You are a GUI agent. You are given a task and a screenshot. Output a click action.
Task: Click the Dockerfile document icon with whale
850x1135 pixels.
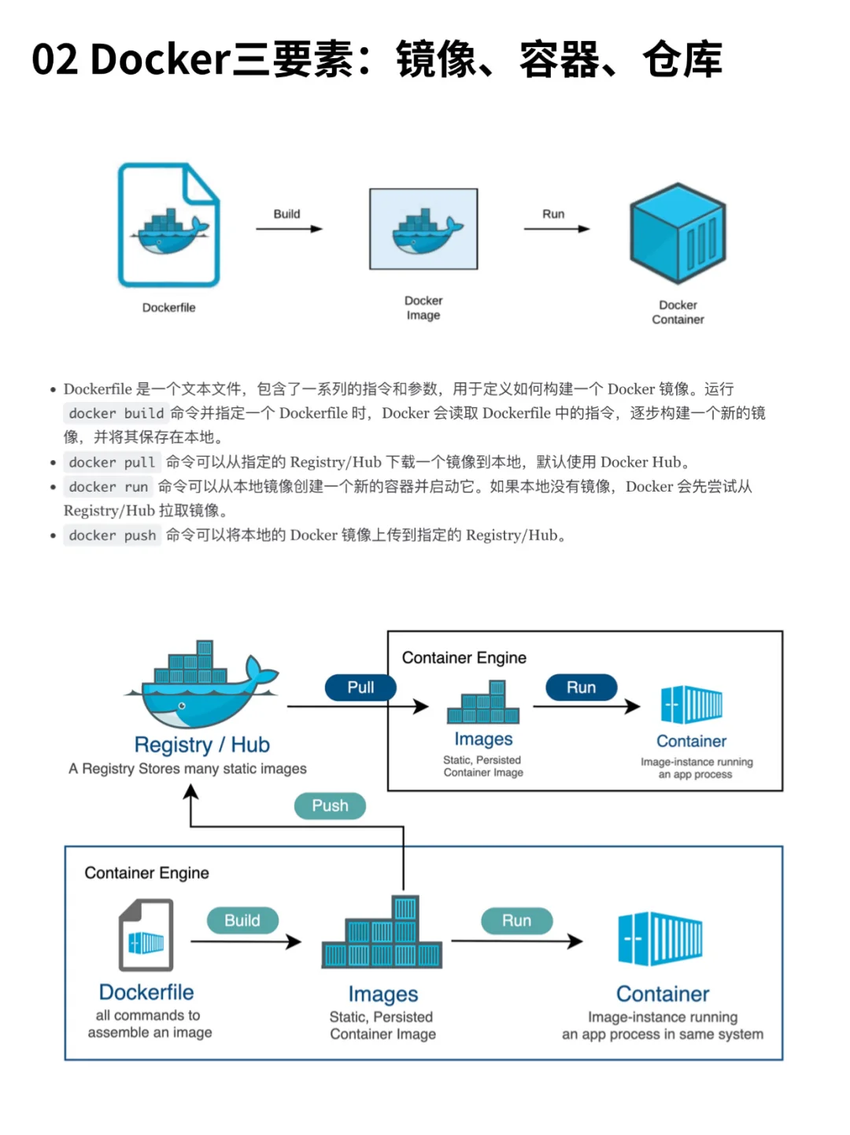coord(168,226)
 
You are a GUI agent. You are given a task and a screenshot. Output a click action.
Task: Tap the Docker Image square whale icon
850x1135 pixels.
coord(423,229)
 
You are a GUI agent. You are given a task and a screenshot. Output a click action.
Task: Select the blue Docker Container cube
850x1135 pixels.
coord(678,233)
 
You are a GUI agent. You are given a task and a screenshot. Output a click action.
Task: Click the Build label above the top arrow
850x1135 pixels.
coord(286,214)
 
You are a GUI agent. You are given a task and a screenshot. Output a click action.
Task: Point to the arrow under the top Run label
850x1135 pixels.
coord(556,229)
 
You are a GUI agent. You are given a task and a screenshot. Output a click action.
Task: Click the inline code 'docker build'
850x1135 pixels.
coord(116,413)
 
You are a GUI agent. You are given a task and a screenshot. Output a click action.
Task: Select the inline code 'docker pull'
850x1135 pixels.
coord(112,462)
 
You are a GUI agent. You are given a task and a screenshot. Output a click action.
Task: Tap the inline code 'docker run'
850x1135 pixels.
coord(108,487)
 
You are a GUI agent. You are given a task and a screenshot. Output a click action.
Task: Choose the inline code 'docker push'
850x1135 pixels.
coord(112,536)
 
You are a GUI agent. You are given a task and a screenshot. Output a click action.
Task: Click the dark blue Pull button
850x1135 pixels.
coord(360,687)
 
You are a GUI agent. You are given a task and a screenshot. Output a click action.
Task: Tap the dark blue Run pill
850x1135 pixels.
coord(581,687)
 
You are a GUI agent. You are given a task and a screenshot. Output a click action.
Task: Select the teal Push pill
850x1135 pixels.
coord(330,805)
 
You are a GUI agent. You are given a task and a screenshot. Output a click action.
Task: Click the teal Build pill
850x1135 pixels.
coord(242,920)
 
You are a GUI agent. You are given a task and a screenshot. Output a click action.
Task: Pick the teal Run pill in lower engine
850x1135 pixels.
coord(516,920)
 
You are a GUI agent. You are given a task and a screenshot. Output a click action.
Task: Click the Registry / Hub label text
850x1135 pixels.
coord(201,745)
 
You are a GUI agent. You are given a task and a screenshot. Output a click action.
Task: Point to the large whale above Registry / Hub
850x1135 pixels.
coord(201,684)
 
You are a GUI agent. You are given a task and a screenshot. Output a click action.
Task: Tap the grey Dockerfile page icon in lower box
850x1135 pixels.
coord(146,936)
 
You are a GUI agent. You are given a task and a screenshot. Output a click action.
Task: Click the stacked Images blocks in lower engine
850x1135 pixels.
coord(382,936)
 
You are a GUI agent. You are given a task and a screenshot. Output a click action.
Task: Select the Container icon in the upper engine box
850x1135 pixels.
coord(691,705)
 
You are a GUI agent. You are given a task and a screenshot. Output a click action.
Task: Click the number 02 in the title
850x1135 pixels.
coord(55,60)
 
